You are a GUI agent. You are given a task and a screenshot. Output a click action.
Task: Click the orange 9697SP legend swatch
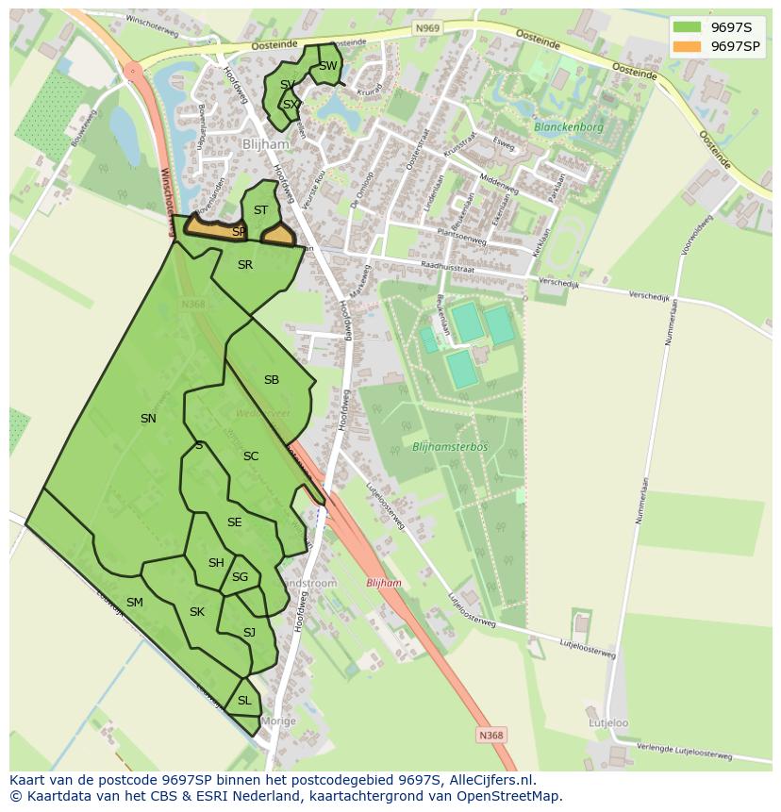coord(687,46)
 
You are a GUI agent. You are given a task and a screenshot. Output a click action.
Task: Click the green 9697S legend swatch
coord(687,27)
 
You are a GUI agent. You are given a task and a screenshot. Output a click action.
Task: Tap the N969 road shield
coord(427,29)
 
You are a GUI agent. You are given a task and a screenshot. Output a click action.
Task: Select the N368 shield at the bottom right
coord(490,736)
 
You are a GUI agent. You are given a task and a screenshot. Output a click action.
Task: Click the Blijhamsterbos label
coord(450,446)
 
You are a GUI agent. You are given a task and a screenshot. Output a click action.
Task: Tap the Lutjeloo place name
coord(608,723)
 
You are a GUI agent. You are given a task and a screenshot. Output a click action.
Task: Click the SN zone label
coord(148,419)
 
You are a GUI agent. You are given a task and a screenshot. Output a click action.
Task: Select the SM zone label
coord(135,603)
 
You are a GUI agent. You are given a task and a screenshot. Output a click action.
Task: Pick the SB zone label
coord(272,380)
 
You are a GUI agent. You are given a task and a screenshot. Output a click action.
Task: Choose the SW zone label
coord(327,66)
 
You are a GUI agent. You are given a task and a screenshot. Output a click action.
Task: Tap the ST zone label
coord(261,210)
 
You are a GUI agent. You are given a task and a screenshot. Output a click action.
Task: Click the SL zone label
coord(244,701)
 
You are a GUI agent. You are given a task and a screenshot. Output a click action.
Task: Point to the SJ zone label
coord(249,633)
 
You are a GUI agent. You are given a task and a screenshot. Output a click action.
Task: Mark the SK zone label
coord(197,612)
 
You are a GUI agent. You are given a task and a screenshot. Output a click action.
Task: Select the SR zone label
coord(245,265)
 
